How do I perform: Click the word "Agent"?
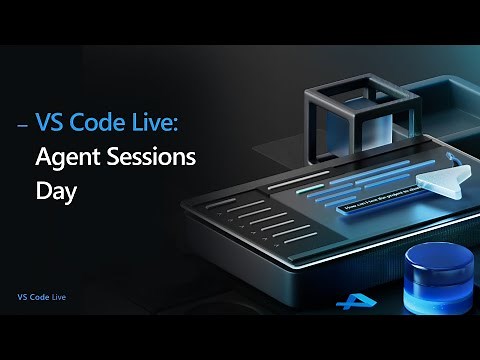point(63,157)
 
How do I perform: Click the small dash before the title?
point(23,126)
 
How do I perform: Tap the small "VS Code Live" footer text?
point(41,298)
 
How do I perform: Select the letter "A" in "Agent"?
point(43,157)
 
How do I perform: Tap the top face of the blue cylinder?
point(437,257)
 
